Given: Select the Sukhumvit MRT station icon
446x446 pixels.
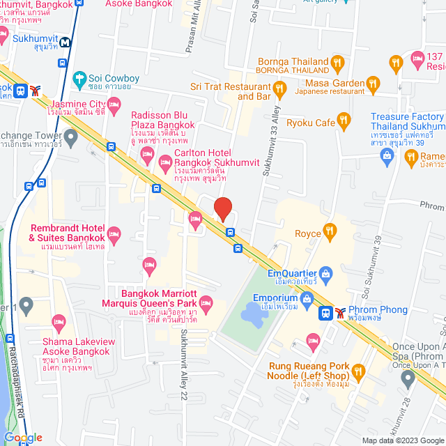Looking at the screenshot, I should point(64,42).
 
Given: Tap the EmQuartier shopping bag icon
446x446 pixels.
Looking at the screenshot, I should point(325,272).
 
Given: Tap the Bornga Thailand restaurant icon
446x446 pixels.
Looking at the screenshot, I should point(337,62).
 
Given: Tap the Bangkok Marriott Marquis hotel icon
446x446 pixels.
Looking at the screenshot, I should point(206,302).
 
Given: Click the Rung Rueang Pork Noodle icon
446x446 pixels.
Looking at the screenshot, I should point(359,370).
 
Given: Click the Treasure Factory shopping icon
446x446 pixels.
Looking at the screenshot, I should point(387,155).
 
